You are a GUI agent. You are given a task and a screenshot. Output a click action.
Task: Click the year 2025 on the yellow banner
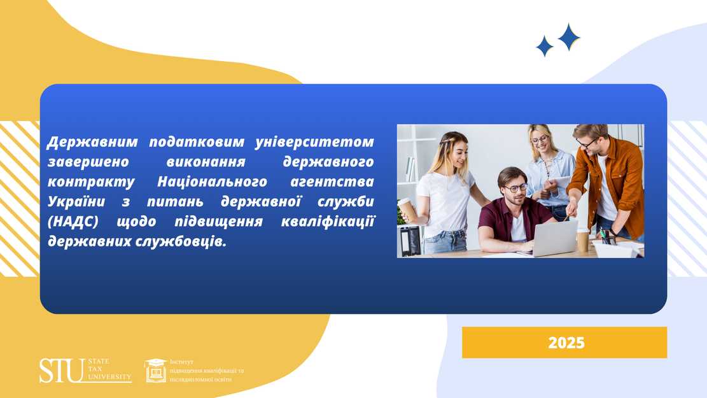click(x=566, y=343)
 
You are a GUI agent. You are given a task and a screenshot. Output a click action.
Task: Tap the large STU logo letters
click(x=62, y=371)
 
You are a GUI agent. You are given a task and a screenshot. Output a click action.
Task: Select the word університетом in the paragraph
click(x=315, y=142)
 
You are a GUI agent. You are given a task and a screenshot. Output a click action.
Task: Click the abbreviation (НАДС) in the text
click(x=73, y=222)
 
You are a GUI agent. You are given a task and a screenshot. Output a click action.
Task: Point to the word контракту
click(x=91, y=182)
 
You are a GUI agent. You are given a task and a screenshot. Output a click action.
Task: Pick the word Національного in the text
click(x=212, y=182)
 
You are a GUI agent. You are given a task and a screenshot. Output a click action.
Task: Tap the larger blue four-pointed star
click(x=569, y=37)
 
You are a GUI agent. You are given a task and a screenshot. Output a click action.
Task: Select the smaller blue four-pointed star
click(x=545, y=46)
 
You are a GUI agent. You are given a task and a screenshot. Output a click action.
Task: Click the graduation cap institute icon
click(x=155, y=371)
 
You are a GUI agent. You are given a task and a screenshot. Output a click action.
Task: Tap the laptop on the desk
click(x=552, y=238)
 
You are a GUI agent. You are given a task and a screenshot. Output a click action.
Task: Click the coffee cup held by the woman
click(x=407, y=210)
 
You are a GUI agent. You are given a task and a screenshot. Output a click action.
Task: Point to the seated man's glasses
click(x=516, y=188)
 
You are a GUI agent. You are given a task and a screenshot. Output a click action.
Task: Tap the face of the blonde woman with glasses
click(x=540, y=141)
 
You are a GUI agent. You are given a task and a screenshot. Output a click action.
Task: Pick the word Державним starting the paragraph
click(x=92, y=142)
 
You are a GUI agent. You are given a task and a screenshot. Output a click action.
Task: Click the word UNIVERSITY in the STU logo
click(x=109, y=376)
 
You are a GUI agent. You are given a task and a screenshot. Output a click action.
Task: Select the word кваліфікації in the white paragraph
click(x=328, y=222)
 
